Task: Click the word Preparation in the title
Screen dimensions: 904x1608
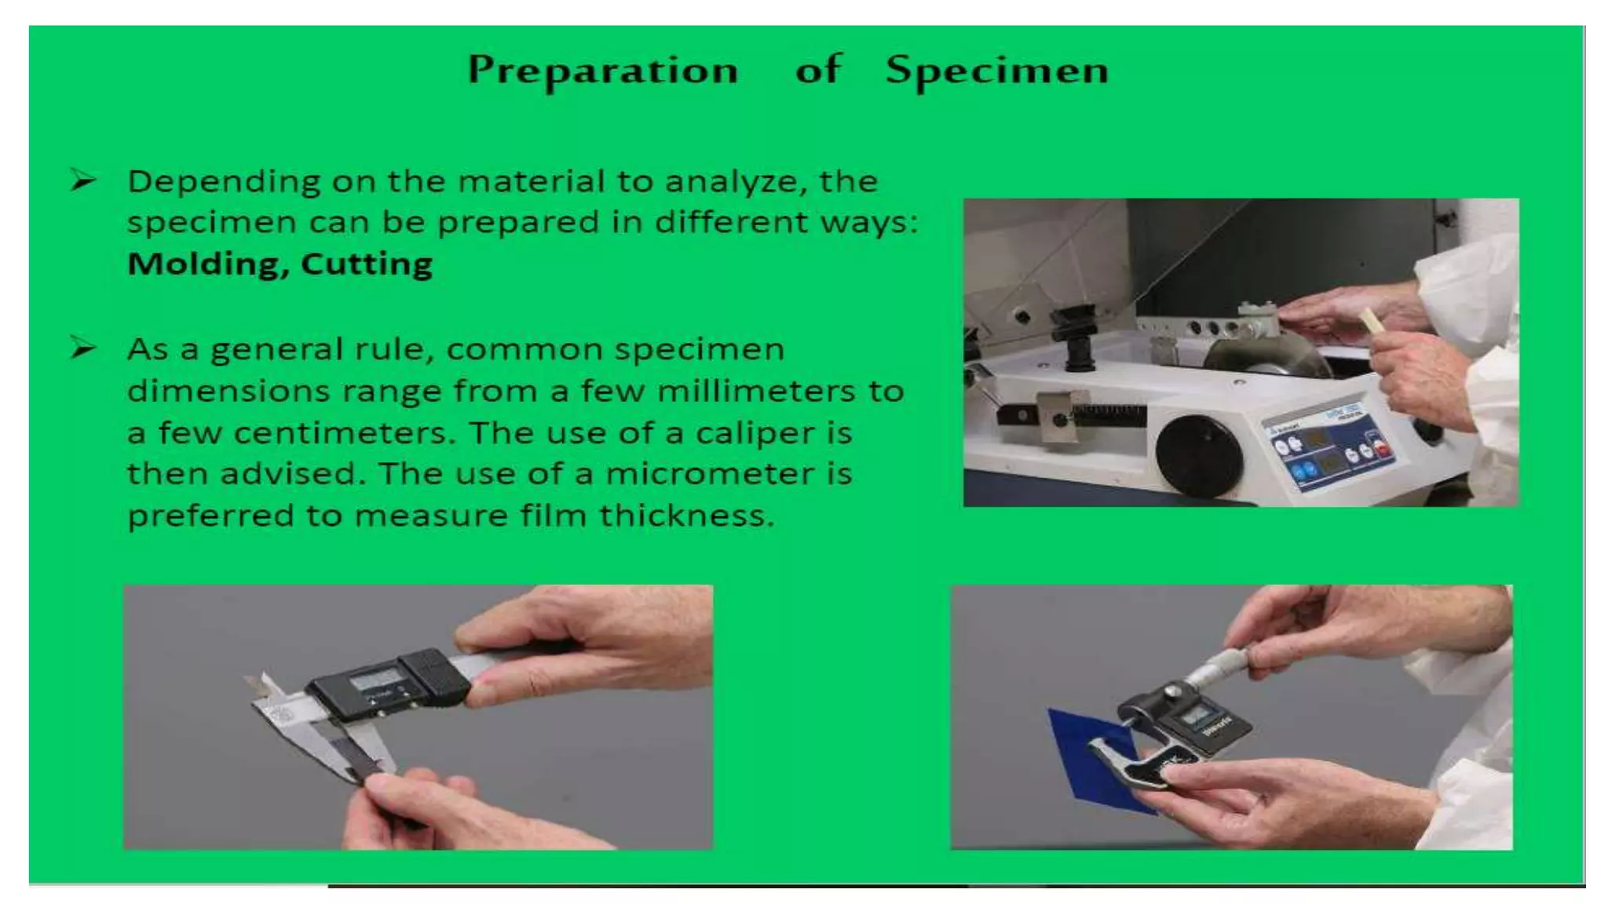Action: tap(603, 71)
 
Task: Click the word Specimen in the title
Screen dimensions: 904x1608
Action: tap(997, 71)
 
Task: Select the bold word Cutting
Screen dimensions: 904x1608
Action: tap(366, 264)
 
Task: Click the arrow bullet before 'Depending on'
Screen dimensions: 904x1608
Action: tap(82, 180)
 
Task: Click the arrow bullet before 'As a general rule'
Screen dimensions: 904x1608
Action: tap(82, 348)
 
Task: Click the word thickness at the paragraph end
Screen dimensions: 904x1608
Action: tap(686, 516)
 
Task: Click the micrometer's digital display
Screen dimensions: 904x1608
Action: tap(1197, 715)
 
